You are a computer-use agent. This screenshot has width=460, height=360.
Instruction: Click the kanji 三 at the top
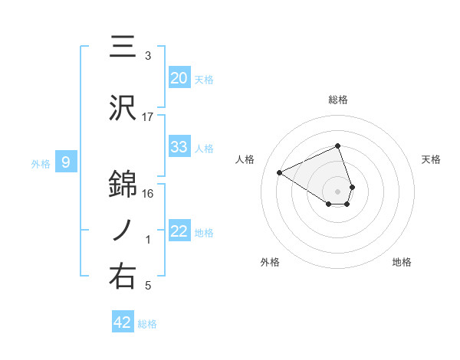click(123, 46)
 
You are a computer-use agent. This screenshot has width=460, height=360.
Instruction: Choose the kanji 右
click(123, 277)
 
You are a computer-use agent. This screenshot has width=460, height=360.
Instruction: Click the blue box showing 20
click(179, 78)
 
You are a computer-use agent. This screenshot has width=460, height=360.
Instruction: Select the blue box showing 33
click(179, 147)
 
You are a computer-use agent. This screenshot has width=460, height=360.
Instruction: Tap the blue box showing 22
click(179, 231)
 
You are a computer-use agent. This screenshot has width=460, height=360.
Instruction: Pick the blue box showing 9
click(66, 162)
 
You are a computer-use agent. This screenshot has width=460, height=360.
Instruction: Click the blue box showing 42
click(123, 322)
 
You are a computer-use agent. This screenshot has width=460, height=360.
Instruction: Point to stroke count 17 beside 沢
click(148, 117)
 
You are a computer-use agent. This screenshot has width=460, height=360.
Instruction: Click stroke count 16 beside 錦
click(148, 193)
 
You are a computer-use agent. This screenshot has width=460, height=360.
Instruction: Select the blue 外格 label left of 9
click(41, 163)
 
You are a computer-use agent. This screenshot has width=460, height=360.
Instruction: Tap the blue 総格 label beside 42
click(147, 324)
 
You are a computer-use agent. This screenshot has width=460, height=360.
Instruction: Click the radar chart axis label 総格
click(338, 100)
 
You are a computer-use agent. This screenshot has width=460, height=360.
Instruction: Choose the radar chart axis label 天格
click(432, 159)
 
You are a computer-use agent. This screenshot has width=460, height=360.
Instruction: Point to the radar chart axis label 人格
click(245, 159)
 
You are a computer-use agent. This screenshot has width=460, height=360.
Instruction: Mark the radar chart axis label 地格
click(402, 262)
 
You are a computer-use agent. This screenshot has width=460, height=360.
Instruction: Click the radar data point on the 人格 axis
click(280, 172)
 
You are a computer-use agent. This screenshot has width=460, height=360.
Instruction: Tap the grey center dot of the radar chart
click(338, 191)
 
